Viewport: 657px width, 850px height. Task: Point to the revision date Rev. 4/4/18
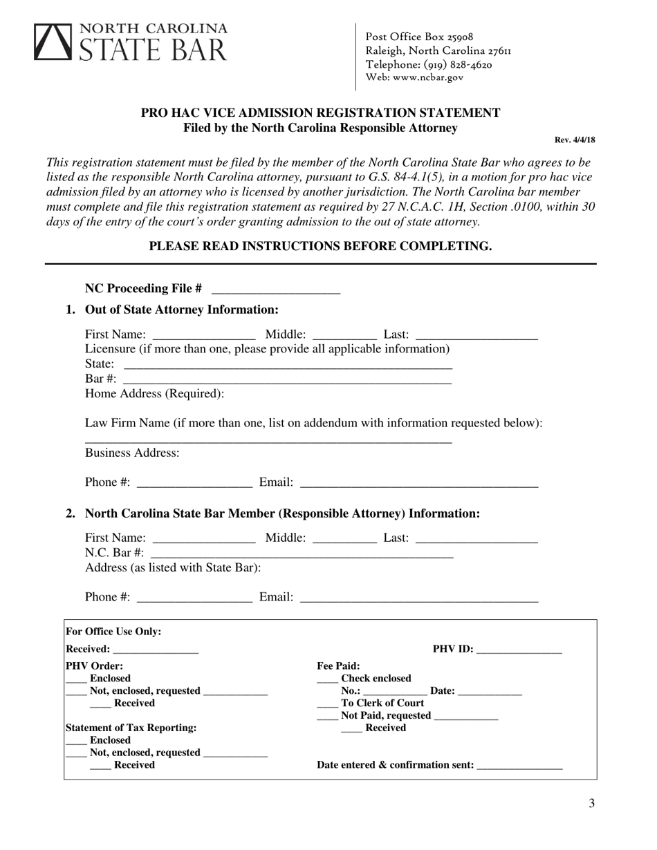coord(575,140)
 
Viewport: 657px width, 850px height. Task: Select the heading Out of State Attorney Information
coord(181,309)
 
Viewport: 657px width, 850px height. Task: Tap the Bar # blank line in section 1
coord(288,380)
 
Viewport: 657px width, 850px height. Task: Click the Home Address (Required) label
coord(154,394)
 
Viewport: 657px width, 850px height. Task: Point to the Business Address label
coord(132,453)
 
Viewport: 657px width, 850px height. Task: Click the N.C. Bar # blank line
coord(302,554)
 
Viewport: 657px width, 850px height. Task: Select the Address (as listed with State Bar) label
coord(173,567)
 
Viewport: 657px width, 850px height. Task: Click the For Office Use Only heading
coord(113,631)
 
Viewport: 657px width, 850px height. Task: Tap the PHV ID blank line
coord(519,650)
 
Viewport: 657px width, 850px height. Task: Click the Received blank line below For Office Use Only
coord(155,650)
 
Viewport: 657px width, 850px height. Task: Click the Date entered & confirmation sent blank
coord(519,766)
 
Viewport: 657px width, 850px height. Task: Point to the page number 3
coord(591,803)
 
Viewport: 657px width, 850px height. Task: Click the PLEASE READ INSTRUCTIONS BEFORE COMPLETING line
coord(321,246)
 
